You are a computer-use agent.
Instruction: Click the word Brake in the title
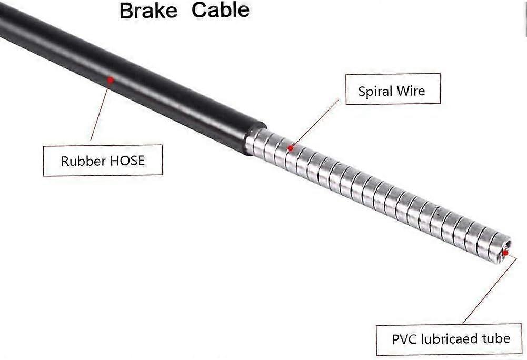coord(148,10)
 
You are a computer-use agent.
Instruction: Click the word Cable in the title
coord(221,10)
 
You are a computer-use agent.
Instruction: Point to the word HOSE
coord(128,161)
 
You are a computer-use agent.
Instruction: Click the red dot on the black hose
coord(110,79)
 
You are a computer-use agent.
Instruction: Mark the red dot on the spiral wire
coord(291,148)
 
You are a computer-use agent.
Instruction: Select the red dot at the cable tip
coord(505,253)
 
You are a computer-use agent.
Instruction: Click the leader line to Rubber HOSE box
coord(100,110)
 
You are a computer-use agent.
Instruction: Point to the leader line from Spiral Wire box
coord(315,123)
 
